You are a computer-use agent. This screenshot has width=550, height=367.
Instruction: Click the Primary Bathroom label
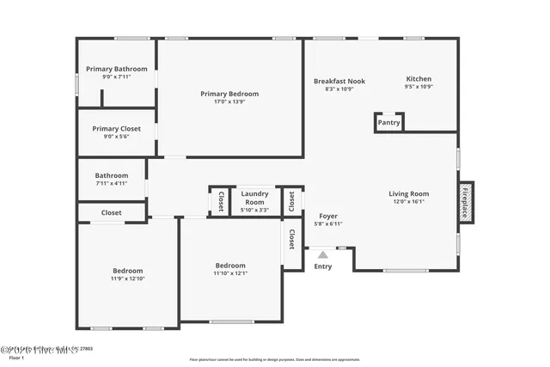pos(116,69)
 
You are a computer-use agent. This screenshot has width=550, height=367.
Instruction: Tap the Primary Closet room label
pos(116,129)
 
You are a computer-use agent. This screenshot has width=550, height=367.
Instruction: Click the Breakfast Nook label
pos(339,81)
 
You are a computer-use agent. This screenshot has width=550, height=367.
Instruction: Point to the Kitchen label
pos(419,79)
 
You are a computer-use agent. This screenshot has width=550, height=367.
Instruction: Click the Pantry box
pos(388,123)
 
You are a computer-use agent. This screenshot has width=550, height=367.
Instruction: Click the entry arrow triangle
pos(322,254)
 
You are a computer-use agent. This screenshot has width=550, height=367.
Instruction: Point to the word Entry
pos(322,266)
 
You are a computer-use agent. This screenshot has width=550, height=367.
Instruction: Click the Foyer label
pos(327,216)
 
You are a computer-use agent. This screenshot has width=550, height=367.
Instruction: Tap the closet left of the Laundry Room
pos(220,201)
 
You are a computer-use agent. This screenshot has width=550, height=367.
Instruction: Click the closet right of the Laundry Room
pos(292,201)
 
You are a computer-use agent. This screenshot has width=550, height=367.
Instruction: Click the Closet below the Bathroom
pos(111,212)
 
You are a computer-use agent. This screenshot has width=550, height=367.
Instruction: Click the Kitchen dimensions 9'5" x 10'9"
pos(419,87)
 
